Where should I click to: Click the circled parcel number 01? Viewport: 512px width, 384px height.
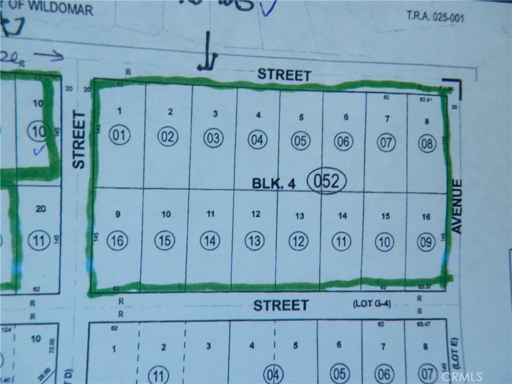121,135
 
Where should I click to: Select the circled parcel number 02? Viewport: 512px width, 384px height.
167,136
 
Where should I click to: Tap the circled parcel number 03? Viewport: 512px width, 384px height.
213,138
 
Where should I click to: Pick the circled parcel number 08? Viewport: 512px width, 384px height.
428,144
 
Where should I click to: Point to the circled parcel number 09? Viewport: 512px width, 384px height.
426,243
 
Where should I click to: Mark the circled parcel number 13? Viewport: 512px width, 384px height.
254,241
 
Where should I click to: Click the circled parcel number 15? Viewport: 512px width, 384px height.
165,241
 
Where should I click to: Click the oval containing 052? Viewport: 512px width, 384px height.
326,181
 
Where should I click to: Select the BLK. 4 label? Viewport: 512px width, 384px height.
273,183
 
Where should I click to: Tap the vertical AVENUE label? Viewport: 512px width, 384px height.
457,206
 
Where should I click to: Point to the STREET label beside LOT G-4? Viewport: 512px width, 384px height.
280,305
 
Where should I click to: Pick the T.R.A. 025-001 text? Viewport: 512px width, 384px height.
435,17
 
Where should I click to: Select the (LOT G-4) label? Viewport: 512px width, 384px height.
371,303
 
